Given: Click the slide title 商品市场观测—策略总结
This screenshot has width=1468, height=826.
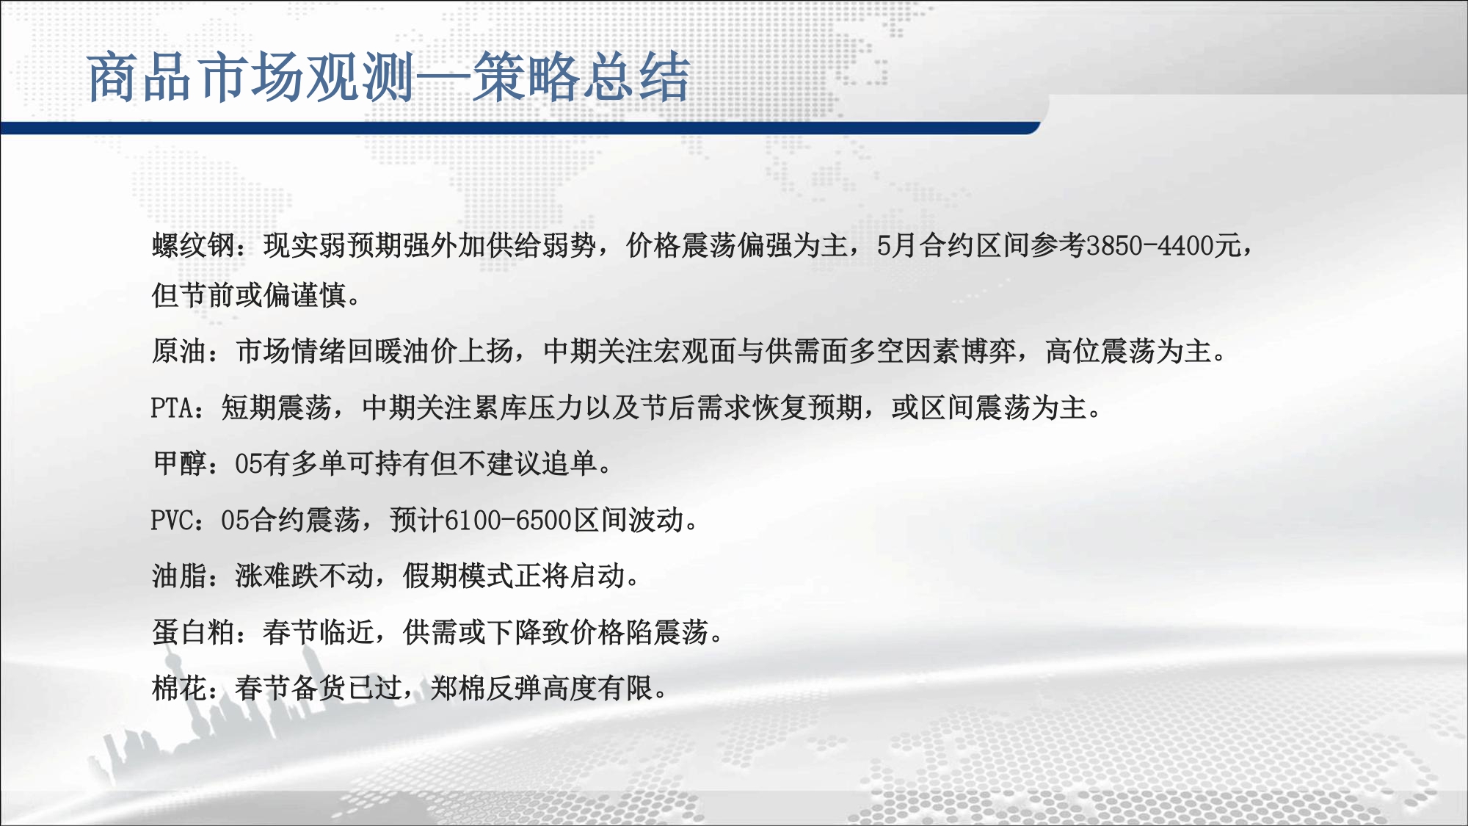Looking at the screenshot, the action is coord(389,77).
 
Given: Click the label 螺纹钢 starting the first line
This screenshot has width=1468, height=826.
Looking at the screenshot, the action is coord(194,245).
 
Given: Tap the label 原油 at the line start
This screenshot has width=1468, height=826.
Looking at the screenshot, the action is coord(180,351).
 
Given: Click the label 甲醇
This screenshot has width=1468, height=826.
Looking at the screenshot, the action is coord(180,463).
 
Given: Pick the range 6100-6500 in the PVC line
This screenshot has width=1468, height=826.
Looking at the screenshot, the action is coord(508,520).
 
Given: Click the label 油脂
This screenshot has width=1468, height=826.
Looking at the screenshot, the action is coord(180,576).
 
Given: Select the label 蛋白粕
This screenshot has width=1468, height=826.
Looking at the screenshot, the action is coord(194,632).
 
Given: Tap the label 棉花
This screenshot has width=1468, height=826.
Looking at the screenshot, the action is coord(180,688).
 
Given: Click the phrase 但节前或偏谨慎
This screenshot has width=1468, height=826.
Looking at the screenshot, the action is coord(249,295).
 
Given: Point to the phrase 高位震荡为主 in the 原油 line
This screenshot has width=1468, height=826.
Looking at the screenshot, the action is coord(1128,351).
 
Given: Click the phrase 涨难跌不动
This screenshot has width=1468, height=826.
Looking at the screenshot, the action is coord(305,576).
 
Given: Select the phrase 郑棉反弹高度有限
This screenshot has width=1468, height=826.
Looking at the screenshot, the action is coord(542,688).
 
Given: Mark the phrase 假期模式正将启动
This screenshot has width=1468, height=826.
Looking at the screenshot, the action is coord(514,576).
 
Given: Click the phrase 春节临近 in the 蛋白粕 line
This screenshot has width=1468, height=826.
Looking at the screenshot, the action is coord(319,632).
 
